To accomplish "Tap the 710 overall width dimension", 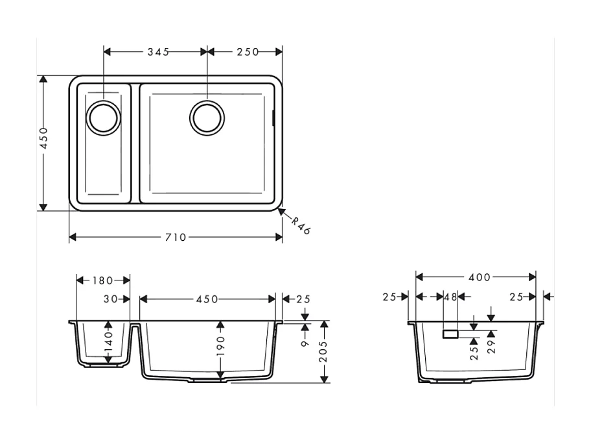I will (175, 238).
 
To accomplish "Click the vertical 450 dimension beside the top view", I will (43, 138).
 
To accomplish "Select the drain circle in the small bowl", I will (103, 117).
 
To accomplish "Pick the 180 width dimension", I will (102, 280).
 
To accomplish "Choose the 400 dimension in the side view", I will (479, 277).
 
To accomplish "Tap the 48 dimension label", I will (451, 297).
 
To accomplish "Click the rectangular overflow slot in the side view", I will (450, 334).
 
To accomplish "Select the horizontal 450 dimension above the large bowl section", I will (207, 299).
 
